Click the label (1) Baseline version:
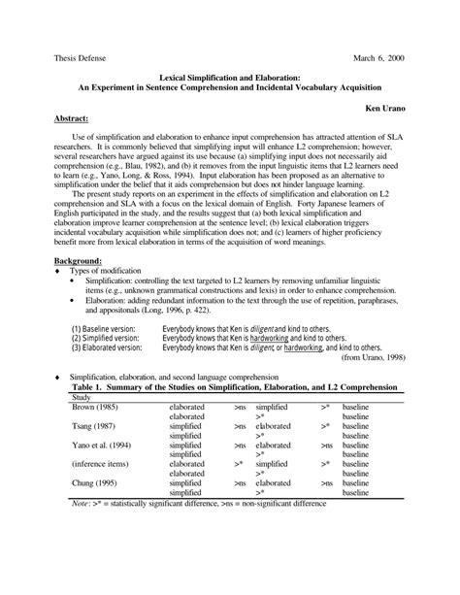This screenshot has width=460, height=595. point(104,328)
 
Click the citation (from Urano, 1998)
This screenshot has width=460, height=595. point(370,357)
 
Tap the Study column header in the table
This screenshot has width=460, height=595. point(84,396)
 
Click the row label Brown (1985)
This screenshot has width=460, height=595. point(95,407)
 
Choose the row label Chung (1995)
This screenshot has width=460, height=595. point(95,483)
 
